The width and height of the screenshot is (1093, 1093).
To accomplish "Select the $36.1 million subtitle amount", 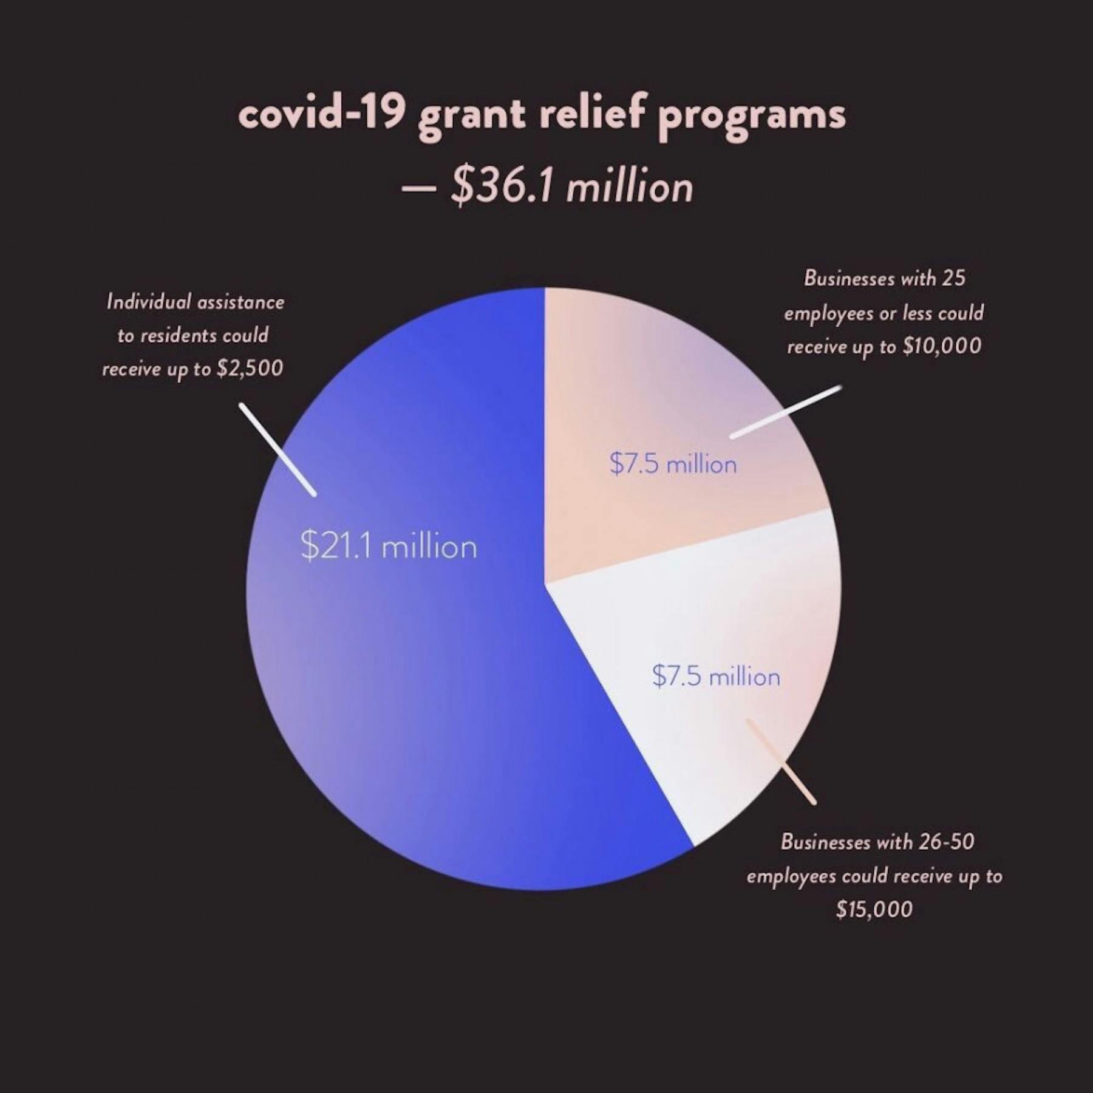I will pos(571,186).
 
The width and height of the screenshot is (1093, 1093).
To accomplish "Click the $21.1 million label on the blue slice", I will pos(389,546).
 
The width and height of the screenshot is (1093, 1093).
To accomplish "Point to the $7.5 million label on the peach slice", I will pos(673,465).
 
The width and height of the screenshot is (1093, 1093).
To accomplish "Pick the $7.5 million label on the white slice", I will pos(716,676).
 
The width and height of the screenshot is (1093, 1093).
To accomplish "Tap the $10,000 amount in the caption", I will pos(942,346).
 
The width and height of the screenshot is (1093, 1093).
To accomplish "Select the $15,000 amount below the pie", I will pos(874,909).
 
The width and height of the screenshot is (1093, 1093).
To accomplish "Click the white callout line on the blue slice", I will pos(278,449).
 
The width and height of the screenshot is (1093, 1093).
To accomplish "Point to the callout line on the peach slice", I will pos(786,411).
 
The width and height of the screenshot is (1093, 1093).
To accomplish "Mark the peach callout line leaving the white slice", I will pos(781,762).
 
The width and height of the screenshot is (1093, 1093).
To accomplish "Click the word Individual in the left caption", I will pos(148,302).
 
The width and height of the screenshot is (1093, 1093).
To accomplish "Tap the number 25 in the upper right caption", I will pos(954,278).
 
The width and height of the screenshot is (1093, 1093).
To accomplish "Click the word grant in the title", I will pos(471,117).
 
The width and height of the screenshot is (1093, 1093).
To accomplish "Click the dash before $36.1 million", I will pos(418,188).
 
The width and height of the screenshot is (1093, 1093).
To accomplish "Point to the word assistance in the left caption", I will pos(240,302).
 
